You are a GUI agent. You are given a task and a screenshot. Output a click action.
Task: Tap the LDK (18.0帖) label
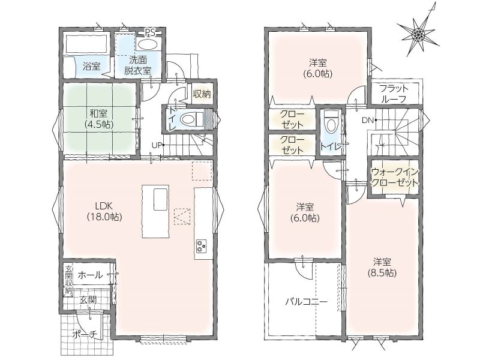tap(104, 211)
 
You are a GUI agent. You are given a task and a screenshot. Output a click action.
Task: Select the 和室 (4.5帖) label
tap(99, 119)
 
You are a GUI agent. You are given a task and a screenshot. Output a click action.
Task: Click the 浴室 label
tap(92, 66)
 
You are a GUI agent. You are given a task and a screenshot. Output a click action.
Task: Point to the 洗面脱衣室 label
tap(138, 65)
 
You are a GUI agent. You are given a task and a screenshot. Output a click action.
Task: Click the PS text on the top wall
tap(150, 32)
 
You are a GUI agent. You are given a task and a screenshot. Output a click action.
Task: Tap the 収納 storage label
tap(202, 94)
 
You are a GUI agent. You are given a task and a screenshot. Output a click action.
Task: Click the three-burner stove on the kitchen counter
tap(202, 247)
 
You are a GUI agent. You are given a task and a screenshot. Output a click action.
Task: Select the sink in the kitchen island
tap(160, 199)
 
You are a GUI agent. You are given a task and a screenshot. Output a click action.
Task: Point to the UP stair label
tap(157, 145)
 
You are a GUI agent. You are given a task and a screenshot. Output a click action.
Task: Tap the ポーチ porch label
tap(85, 335)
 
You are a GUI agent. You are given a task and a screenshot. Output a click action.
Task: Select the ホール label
tap(90, 275)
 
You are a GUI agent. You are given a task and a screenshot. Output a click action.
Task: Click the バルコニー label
tap(307, 302)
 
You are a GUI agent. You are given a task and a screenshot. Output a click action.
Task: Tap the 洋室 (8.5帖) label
tap(382, 267)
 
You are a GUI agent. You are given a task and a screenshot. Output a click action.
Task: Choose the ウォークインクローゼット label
tap(394, 177)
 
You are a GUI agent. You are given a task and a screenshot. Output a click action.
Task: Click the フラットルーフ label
tap(394, 94)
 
